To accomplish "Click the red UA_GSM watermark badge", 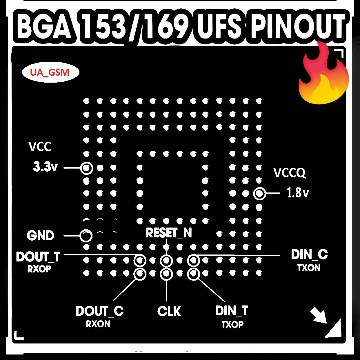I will click(50, 72).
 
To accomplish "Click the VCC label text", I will click(40, 147).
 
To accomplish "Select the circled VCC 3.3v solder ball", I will click(86, 168).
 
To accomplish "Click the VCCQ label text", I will click(289, 173).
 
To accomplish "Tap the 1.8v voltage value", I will click(298, 193).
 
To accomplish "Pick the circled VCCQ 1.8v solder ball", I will click(259, 194).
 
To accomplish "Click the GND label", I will click(41, 236).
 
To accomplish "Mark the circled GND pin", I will click(86, 236).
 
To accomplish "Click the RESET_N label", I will click(169, 233).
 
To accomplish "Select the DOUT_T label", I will click(38, 257).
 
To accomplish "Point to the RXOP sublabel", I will click(39, 269).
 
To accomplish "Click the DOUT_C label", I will click(99, 311).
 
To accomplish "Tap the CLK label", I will click(169, 312).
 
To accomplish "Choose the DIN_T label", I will click(231, 311).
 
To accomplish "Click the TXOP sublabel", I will click(232, 324).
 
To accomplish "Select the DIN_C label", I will click(309, 255).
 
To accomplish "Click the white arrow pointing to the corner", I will click(318, 315).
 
